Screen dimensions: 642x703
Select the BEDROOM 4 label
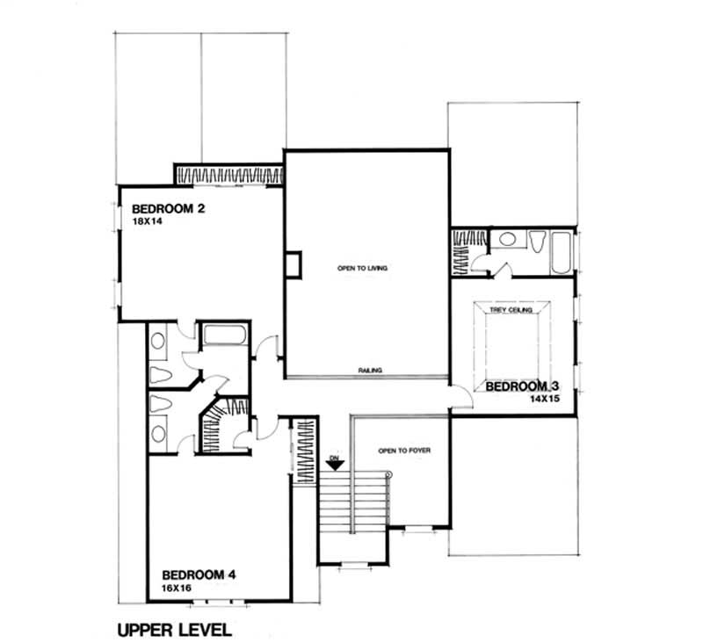199,575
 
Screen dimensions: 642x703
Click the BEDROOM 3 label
522,386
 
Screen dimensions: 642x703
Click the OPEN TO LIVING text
363,267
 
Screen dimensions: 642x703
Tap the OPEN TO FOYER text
404,451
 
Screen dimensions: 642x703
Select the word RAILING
369,371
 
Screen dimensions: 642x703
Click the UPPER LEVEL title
174,629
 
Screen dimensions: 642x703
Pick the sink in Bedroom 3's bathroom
506,239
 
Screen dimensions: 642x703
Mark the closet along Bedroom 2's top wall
228,174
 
